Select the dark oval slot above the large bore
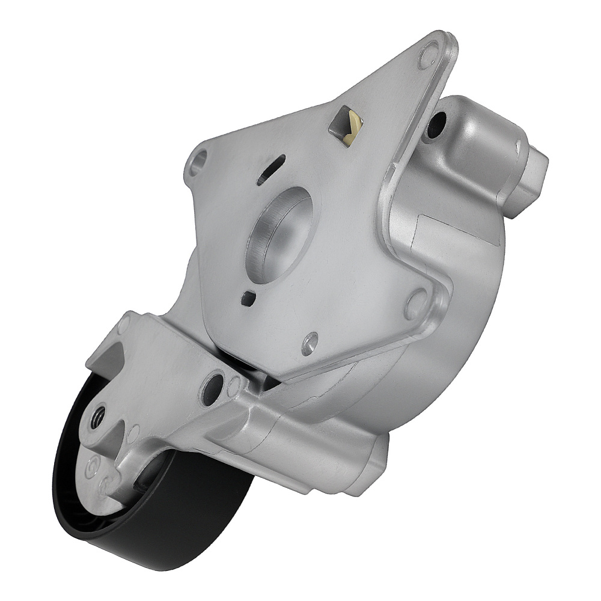271,169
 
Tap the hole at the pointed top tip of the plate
428,57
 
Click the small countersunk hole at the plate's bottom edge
310,343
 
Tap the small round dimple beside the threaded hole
134,430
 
